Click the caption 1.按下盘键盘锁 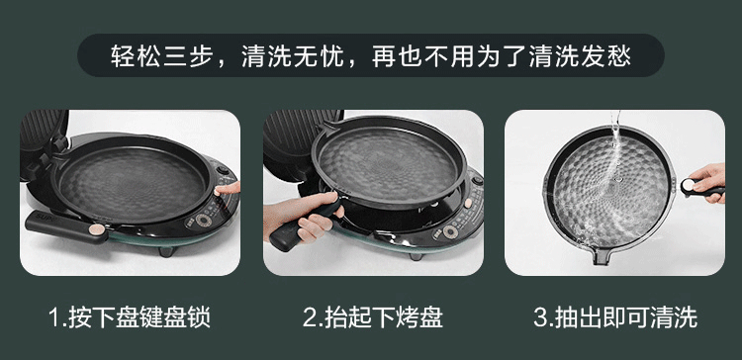[130, 316]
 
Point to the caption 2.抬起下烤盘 [372, 316]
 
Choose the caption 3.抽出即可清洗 [615, 316]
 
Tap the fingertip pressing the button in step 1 [219, 191]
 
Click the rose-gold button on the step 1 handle [97, 229]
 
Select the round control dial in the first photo [204, 221]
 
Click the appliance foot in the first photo [166, 251]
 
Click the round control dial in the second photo [449, 231]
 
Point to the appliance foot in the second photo [416, 256]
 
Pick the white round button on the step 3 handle [688, 185]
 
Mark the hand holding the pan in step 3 [709, 182]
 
